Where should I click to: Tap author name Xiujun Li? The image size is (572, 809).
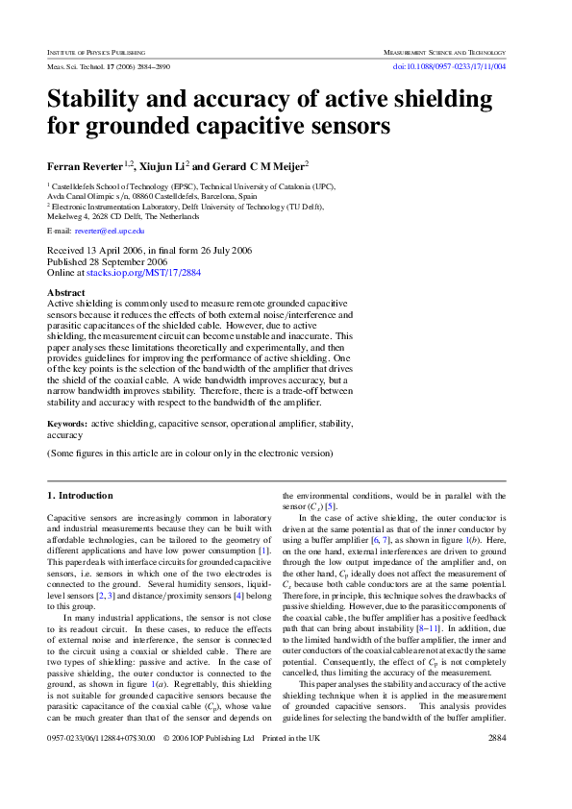[x=162, y=164]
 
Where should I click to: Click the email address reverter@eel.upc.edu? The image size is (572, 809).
[x=110, y=231]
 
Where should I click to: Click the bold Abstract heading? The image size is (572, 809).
[x=66, y=292]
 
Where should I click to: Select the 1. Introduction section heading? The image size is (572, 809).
[x=80, y=496]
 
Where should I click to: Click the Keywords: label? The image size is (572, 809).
[x=67, y=423]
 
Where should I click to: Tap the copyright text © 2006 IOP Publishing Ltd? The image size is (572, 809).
[x=209, y=765]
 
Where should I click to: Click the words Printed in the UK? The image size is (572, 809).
[x=291, y=765]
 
